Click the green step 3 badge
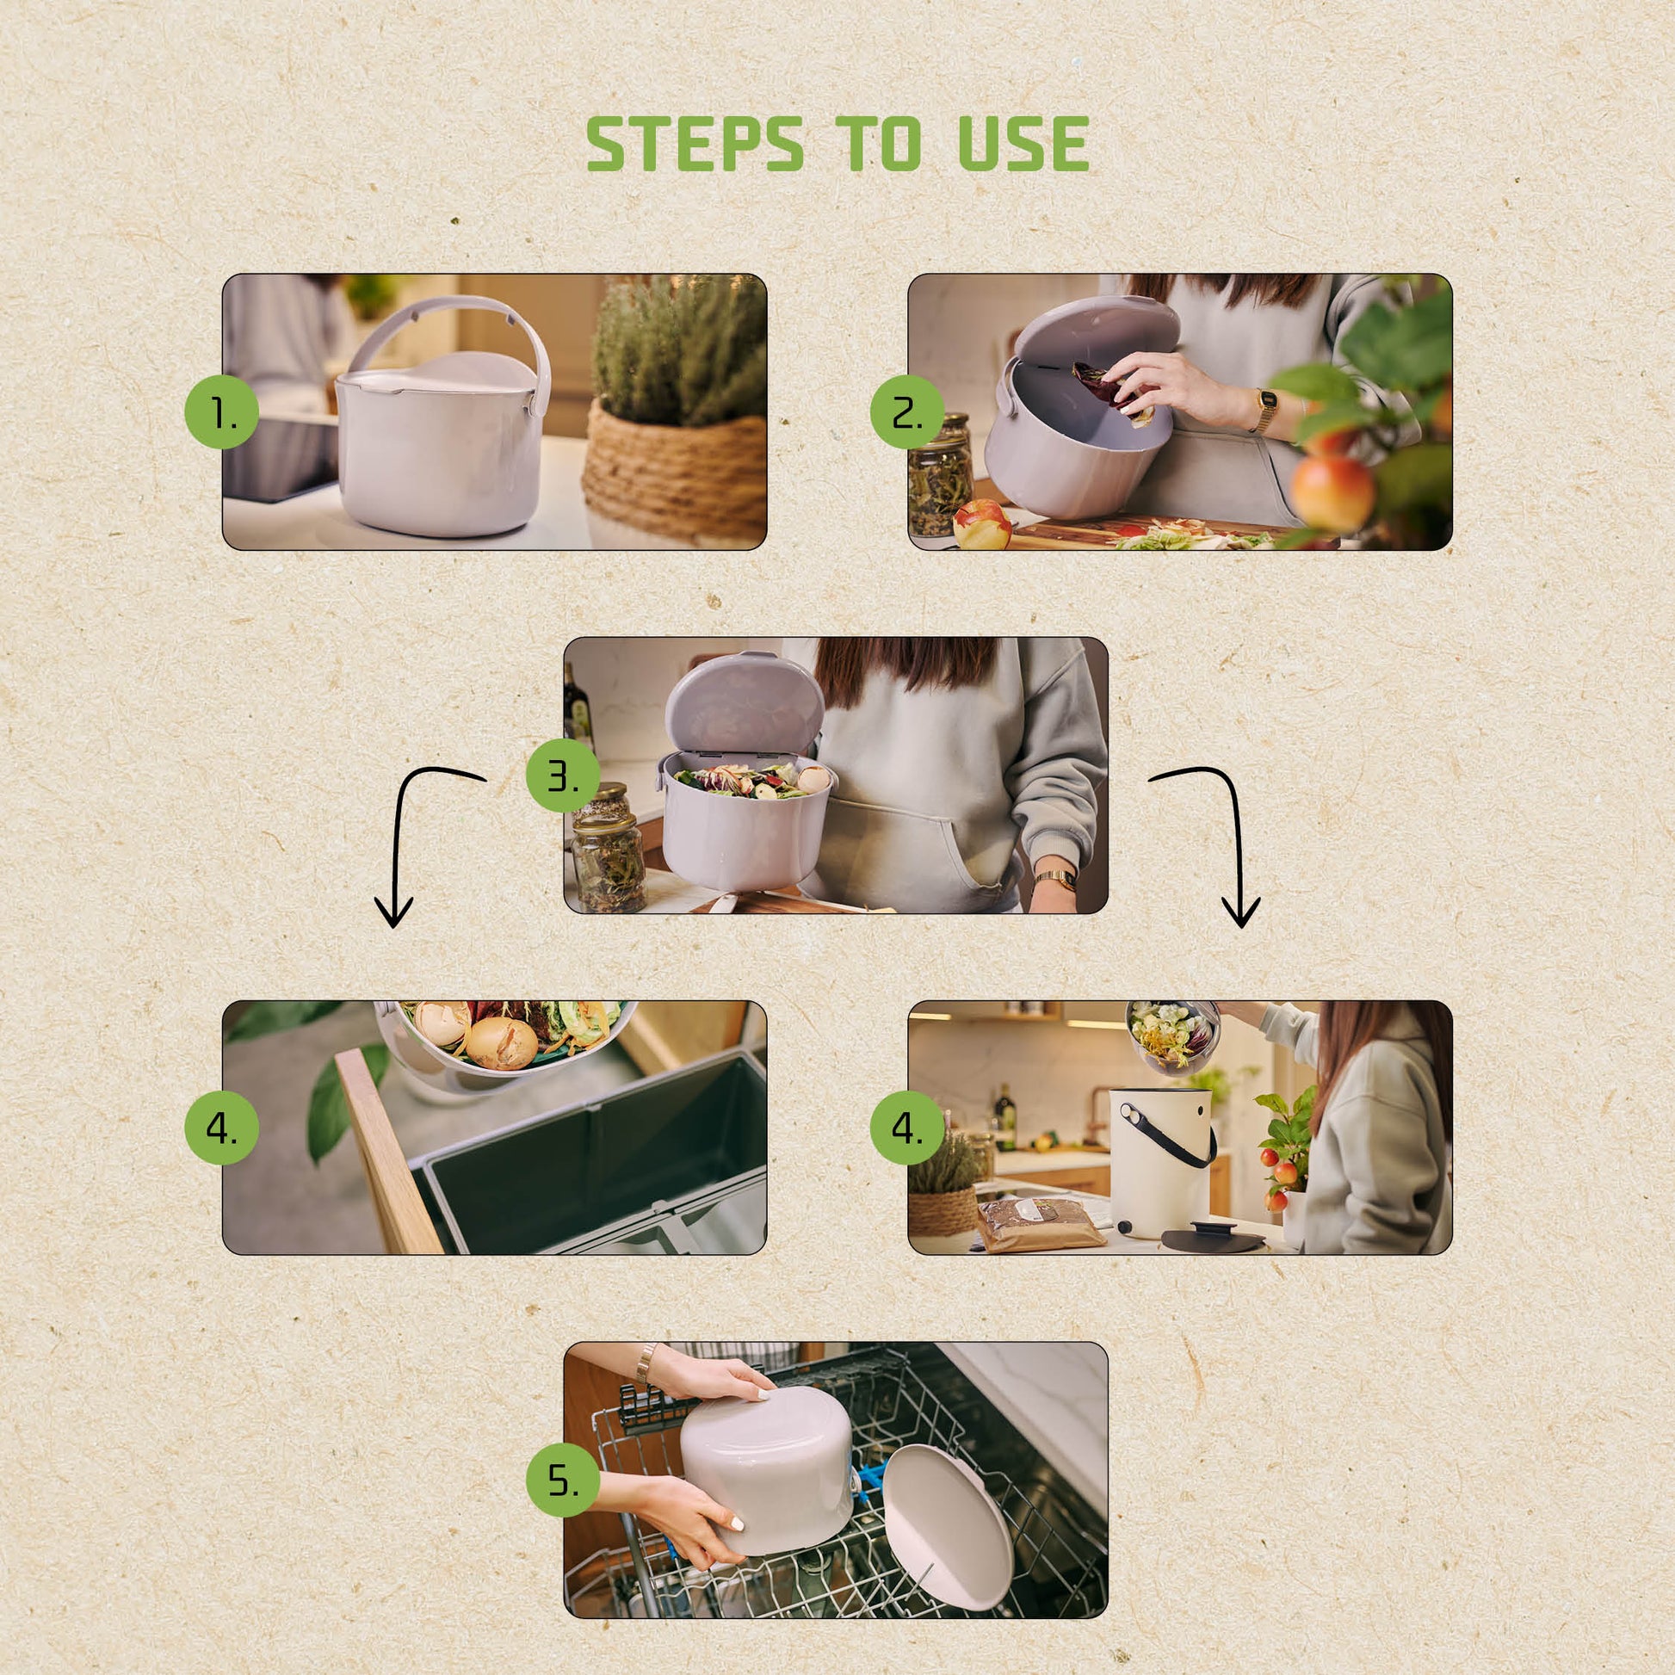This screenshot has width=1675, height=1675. pyautogui.click(x=564, y=775)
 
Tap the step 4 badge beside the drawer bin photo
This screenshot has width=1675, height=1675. pyautogui.click(x=222, y=1127)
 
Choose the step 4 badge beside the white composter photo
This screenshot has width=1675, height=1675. pyautogui.click(x=908, y=1127)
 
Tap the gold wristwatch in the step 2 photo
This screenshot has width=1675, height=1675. pyautogui.click(x=1265, y=411)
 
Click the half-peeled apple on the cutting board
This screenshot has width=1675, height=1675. pyautogui.click(x=982, y=524)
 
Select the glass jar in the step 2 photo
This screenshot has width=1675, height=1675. pyautogui.click(x=940, y=476)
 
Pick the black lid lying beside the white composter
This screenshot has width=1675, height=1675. pyautogui.click(x=1211, y=1237)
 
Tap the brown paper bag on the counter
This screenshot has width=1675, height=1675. pyautogui.click(x=1041, y=1224)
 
